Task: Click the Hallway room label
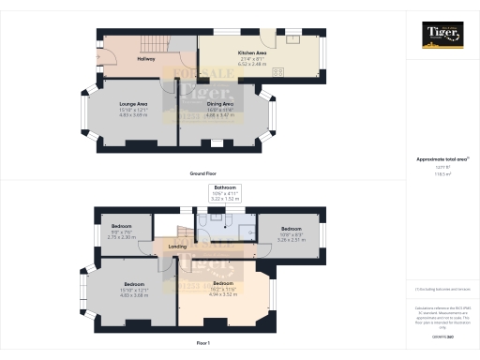[145, 59]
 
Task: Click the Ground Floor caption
[203, 173]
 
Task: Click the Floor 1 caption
[203, 344]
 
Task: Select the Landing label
[177, 247]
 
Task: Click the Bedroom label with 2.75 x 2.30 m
[123, 227]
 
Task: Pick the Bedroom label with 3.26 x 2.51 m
[290, 228]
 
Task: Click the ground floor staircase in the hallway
[156, 42]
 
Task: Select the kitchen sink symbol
[292, 38]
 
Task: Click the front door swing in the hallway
[105, 54]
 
